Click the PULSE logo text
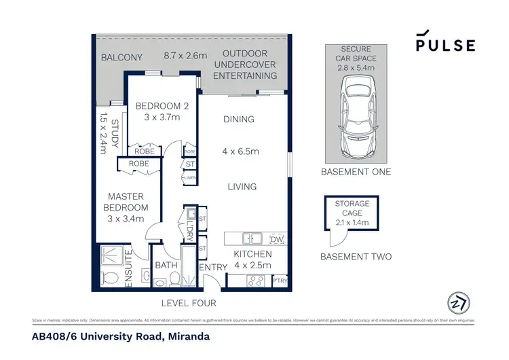coord(446,45)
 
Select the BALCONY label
coord(121,58)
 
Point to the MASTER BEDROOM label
coord(126,202)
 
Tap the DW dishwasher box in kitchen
coord(276,239)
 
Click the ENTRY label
coord(212,268)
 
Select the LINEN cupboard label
coord(189,177)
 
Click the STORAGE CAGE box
coord(352,214)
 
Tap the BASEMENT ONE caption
coord(356,173)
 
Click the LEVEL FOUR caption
coord(188,303)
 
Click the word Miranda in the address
coord(186,336)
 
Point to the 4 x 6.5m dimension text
coord(240,151)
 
